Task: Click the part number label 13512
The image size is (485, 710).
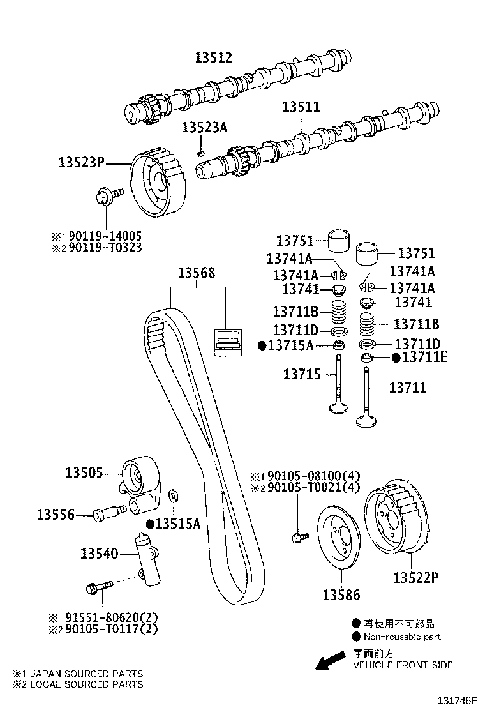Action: tap(214, 58)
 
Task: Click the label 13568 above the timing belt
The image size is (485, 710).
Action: tap(196, 273)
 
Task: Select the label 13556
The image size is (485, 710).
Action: tap(56, 514)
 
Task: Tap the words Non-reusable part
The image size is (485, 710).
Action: tap(401, 637)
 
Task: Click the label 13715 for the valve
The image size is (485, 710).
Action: tap(302, 375)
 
